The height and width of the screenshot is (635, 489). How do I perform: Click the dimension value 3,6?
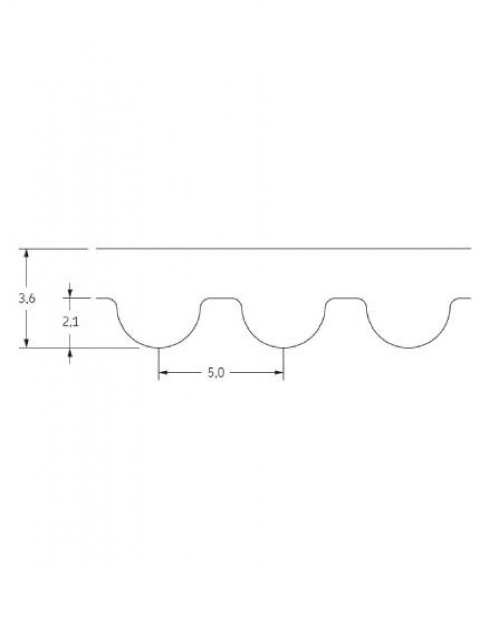click(26, 299)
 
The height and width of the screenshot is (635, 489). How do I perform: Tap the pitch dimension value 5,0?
click(216, 373)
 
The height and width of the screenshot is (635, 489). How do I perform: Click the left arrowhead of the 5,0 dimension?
click(163, 373)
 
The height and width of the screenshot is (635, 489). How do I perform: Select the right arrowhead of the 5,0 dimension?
click(279, 373)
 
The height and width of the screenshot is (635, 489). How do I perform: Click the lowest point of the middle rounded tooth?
click(284, 347)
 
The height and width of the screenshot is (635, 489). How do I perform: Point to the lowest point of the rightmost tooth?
click(409, 347)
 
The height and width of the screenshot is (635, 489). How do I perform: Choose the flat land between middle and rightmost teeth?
click(346, 297)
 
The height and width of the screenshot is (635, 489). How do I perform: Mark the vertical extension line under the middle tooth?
click(284, 364)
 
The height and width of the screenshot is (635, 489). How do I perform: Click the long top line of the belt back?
click(284, 249)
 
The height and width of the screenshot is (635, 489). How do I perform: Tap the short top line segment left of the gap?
click(54, 249)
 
